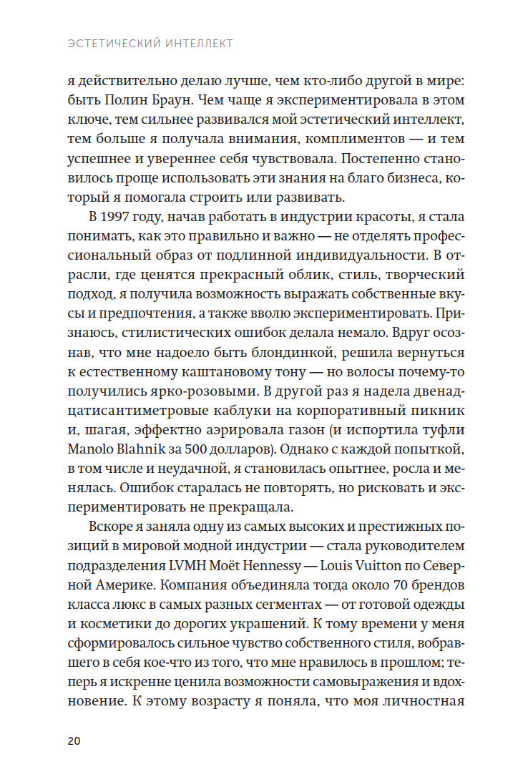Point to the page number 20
click(x=75, y=741)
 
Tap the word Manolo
click(x=94, y=451)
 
